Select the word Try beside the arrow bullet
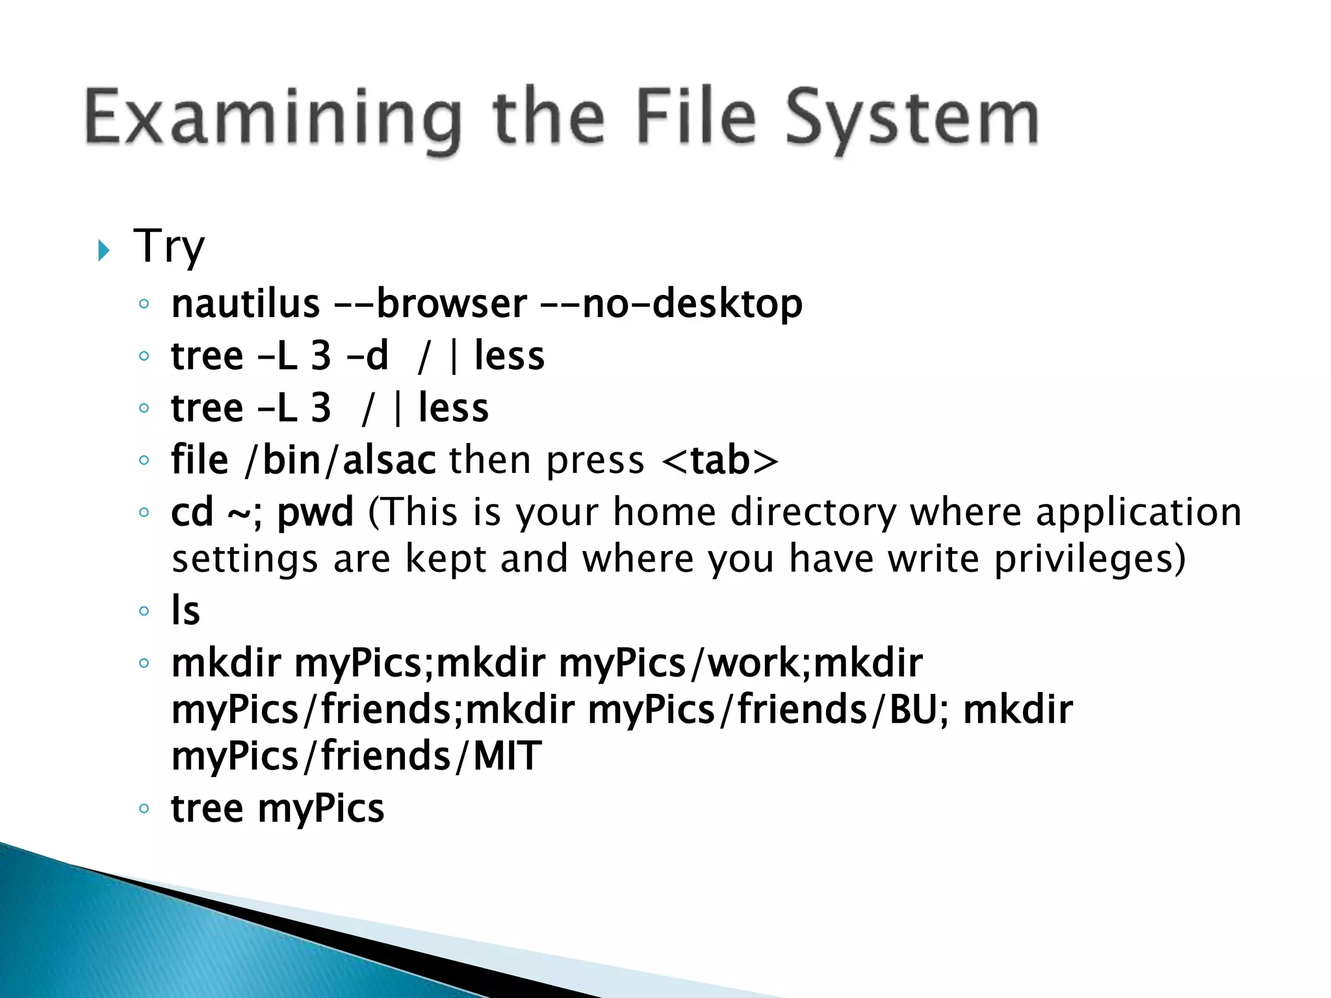[169, 247]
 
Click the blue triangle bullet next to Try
[104, 250]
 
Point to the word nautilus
[246, 304]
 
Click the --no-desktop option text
[672, 304]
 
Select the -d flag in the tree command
[368, 356]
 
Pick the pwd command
[316, 513]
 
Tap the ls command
[186, 611]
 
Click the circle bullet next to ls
[144, 611]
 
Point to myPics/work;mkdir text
[740, 663]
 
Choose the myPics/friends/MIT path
[356, 756]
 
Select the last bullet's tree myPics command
[278, 809]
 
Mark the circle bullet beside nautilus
[144, 304]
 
